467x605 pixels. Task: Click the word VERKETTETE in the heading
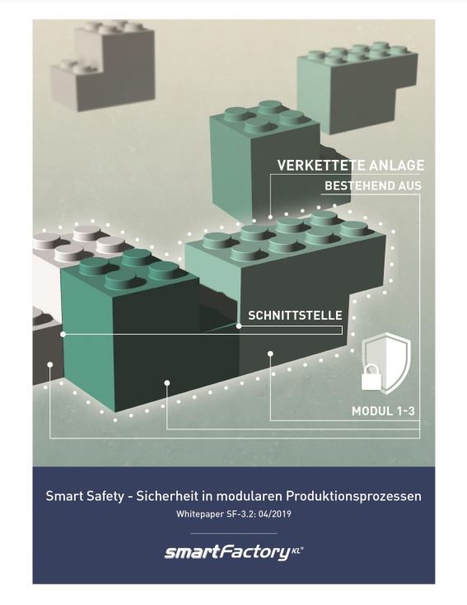tap(321, 165)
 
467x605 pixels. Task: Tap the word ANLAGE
tap(396, 165)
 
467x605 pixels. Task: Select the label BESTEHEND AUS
tap(373, 185)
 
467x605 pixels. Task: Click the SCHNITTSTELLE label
tap(295, 315)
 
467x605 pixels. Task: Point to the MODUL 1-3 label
tap(383, 411)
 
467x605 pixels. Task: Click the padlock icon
tap(371, 377)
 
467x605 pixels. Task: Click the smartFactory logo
tap(234, 552)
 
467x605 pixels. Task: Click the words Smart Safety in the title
tap(85, 496)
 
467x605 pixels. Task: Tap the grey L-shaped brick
tap(103, 67)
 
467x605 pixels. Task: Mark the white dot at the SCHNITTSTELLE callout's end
tap(239, 326)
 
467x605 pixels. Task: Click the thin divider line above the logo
tap(234, 533)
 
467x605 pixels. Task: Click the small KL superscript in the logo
tap(297, 550)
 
